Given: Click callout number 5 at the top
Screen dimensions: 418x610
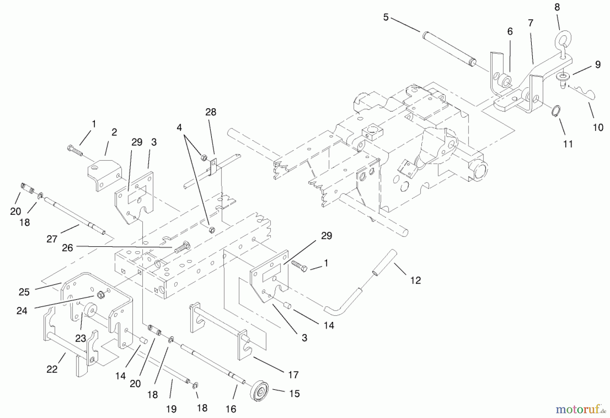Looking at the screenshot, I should [386, 17].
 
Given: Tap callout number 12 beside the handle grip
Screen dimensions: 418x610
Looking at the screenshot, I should [415, 280].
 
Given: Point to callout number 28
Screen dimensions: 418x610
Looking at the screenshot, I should [210, 112].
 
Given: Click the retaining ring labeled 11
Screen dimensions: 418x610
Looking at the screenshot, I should [556, 111].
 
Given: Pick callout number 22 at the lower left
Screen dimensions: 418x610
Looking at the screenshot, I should [52, 369].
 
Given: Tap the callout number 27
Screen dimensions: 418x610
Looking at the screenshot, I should [52, 239].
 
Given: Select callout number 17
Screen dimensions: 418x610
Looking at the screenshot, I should [293, 375].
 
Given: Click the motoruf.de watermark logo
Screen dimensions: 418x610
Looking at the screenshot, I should [580, 410].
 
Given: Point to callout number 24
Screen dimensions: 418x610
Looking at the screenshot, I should [22, 310].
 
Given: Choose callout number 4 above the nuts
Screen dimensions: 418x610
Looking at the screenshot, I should [179, 128].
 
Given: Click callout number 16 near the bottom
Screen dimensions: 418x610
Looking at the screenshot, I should [231, 409].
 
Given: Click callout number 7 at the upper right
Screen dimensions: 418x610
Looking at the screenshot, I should [531, 23].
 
